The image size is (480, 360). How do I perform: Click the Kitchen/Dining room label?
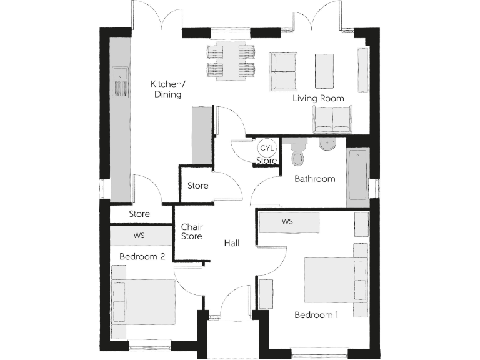click(x=166, y=89)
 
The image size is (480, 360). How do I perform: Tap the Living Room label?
click(x=319, y=98)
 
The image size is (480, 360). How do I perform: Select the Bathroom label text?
click(x=315, y=179)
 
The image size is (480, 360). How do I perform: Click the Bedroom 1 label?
click(x=316, y=315)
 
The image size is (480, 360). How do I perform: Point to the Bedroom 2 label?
click(x=142, y=256)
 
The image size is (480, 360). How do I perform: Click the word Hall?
click(x=232, y=243)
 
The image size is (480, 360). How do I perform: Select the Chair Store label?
click(x=191, y=232)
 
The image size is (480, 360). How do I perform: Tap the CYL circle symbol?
click(x=267, y=148)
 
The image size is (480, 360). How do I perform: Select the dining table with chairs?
click(x=231, y=61)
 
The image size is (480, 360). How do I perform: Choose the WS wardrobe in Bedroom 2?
click(x=140, y=236)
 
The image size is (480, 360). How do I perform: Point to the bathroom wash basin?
click(x=327, y=144)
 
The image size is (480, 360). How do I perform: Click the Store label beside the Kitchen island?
click(x=197, y=186)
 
